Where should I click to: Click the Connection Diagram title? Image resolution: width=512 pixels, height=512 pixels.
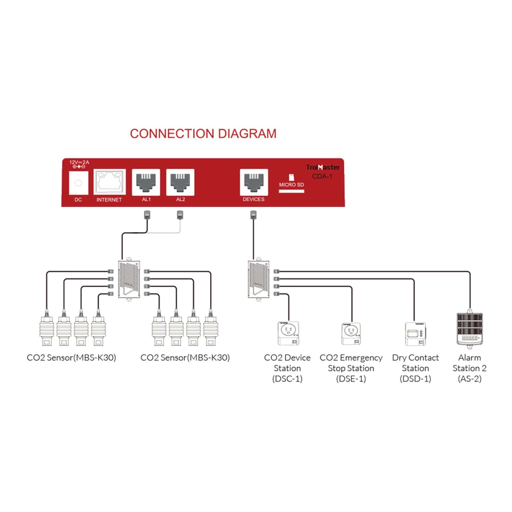click(x=203, y=133)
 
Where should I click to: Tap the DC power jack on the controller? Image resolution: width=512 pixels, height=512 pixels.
click(x=79, y=183)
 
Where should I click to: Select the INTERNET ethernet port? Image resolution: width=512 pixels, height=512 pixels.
click(x=109, y=182)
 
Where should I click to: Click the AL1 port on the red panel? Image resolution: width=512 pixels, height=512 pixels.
click(x=146, y=182)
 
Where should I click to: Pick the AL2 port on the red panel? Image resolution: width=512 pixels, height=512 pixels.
click(x=180, y=182)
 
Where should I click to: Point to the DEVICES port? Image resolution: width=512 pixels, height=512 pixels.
click(x=254, y=182)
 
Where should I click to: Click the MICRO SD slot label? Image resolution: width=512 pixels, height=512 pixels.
click(x=291, y=185)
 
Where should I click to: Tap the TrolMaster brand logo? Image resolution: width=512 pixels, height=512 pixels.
click(x=323, y=167)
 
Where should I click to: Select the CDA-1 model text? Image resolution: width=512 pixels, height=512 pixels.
click(x=322, y=176)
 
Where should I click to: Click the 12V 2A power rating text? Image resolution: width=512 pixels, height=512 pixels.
click(x=79, y=162)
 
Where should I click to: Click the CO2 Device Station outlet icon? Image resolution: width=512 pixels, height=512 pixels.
click(x=288, y=333)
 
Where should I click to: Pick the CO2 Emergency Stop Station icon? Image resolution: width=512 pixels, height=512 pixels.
click(x=351, y=334)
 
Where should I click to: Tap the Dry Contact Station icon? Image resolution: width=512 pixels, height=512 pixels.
click(x=415, y=334)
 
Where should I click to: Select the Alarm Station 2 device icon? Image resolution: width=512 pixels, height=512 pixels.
click(x=470, y=329)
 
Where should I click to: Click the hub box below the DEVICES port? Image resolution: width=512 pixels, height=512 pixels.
click(x=258, y=279)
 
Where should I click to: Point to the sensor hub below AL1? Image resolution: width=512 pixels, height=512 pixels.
click(x=129, y=279)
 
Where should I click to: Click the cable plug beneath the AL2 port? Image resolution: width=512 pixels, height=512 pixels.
click(x=180, y=215)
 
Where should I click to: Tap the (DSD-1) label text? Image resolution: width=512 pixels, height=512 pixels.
click(x=415, y=379)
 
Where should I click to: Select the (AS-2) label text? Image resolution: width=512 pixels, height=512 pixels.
click(x=470, y=379)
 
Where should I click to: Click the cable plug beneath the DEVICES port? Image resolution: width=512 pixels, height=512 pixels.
click(x=253, y=215)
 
